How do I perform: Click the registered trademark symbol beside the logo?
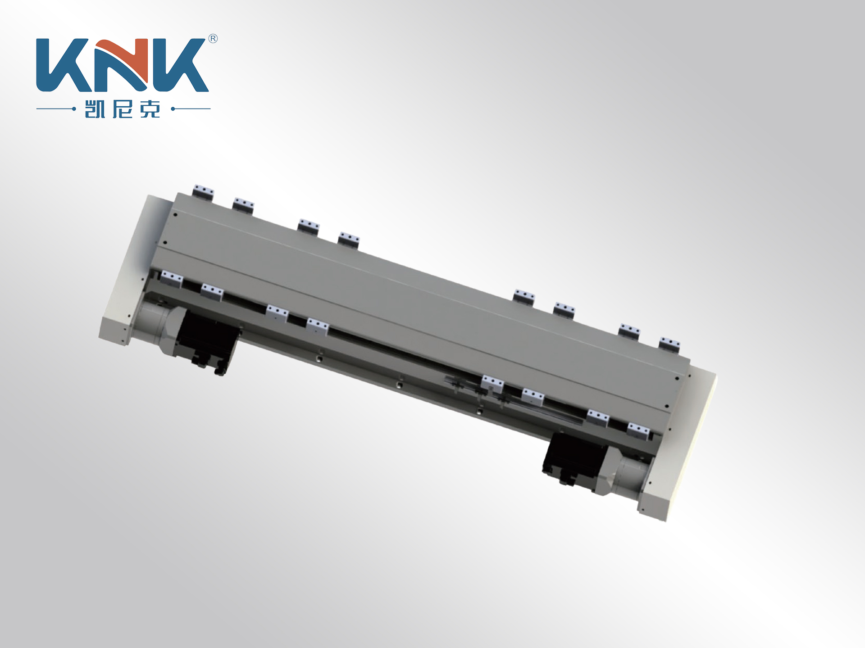point(213,39)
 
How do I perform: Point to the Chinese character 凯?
point(95,109)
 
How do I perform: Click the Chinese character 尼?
point(123,109)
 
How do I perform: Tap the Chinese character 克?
point(150,109)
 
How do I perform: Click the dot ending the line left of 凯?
point(74,109)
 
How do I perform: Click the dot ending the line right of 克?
point(173,109)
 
